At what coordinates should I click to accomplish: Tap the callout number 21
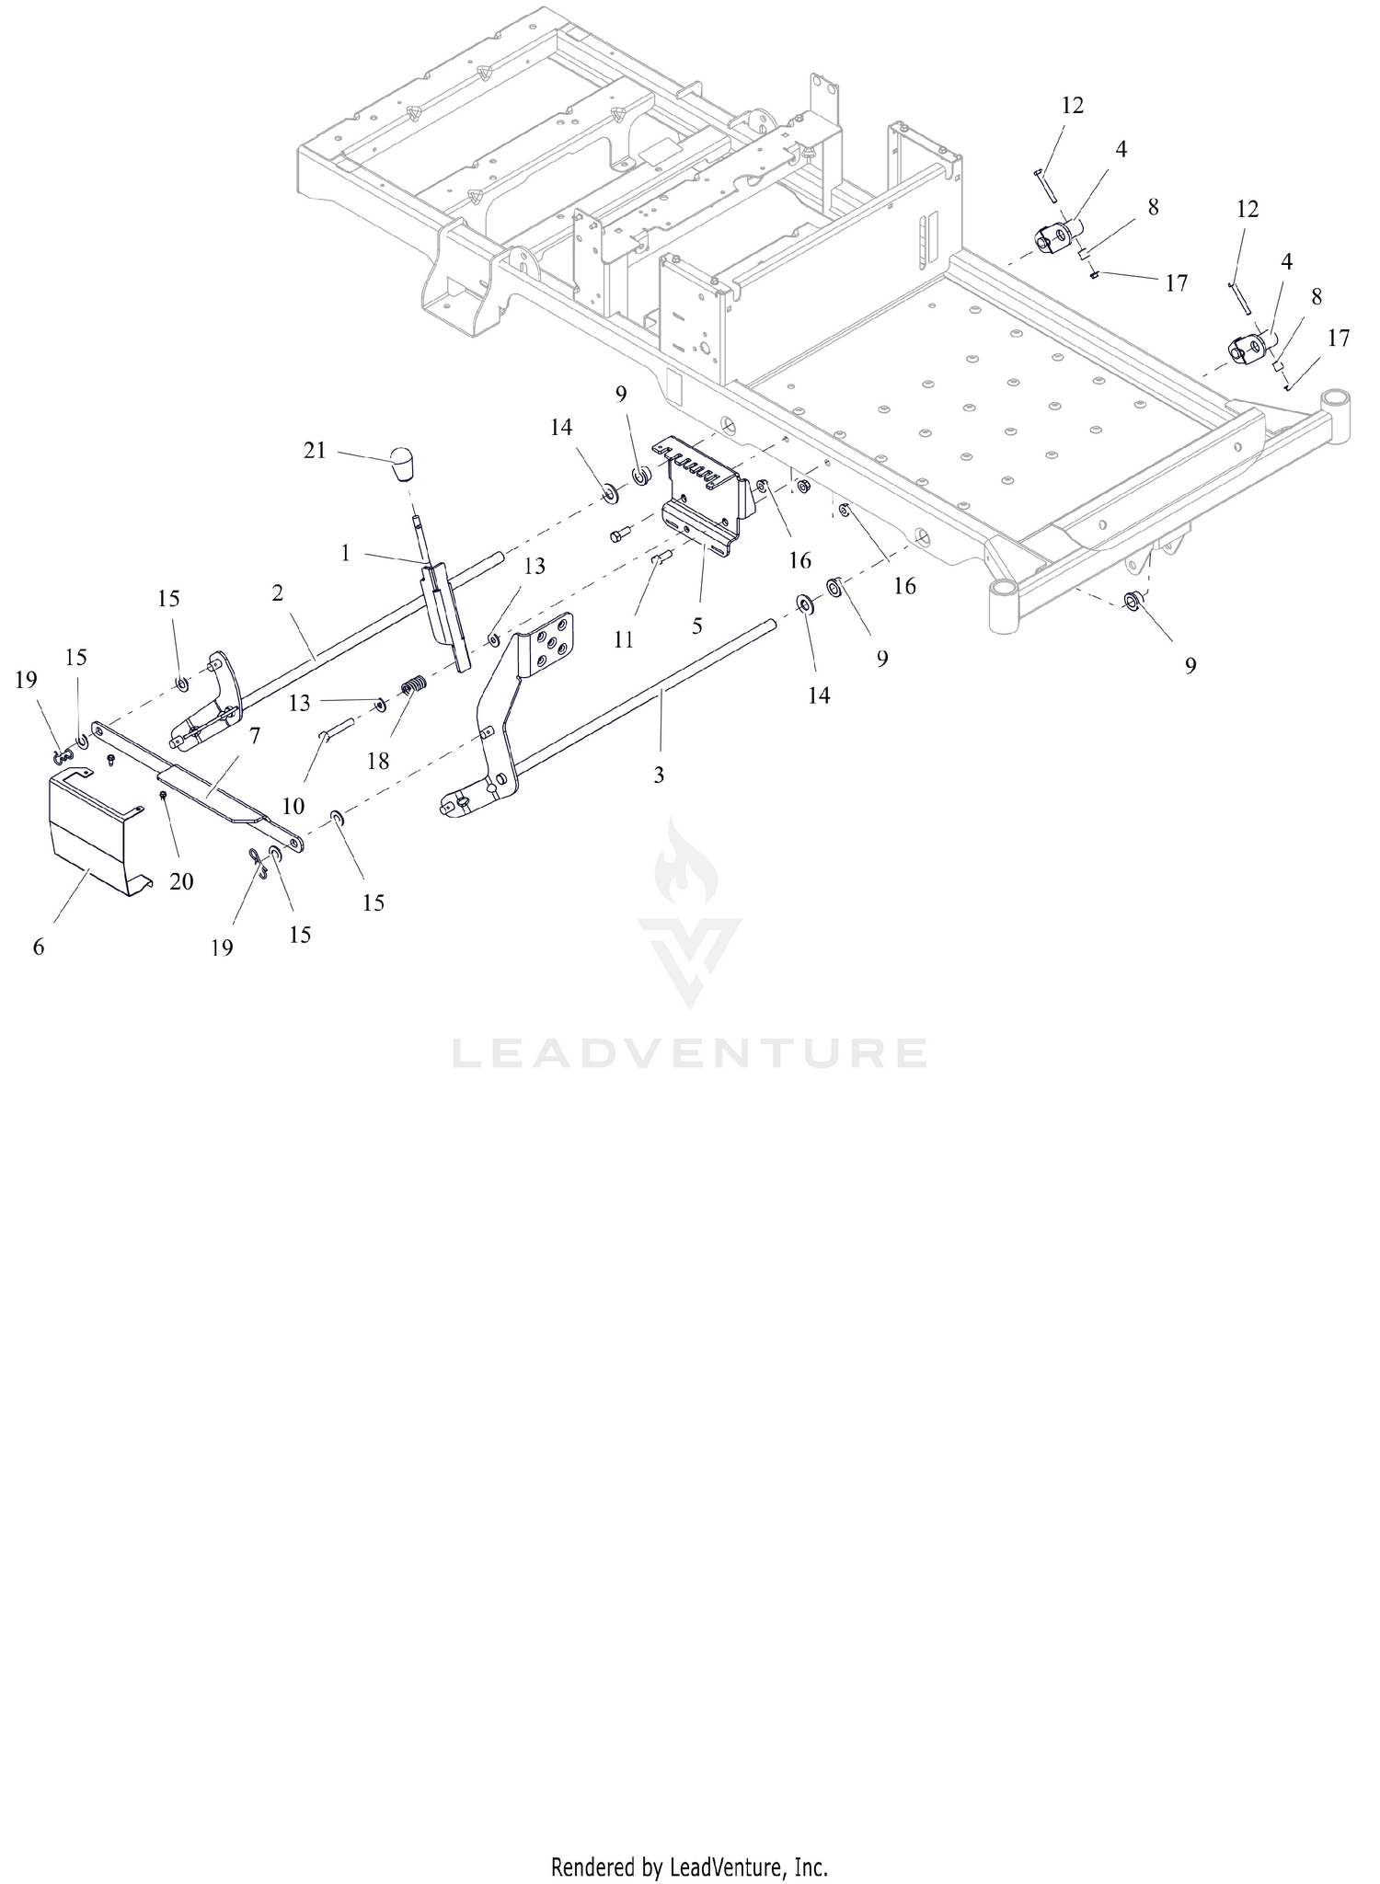(x=315, y=452)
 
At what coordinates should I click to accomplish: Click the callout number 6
(x=39, y=947)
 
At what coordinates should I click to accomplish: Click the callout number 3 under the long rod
(x=659, y=775)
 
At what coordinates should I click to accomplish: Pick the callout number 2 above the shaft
(x=278, y=593)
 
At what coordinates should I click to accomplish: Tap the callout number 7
(x=255, y=735)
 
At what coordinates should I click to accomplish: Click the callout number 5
(x=697, y=626)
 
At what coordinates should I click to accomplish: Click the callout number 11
(x=624, y=639)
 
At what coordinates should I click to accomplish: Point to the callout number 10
(x=293, y=807)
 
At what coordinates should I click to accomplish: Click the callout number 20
(x=181, y=881)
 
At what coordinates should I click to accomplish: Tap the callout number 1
(x=345, y=553)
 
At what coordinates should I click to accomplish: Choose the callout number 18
(x=378, y=761)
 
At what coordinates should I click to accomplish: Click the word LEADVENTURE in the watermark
(x=689, y=1053)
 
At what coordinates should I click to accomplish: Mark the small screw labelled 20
(x=163, y=794)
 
